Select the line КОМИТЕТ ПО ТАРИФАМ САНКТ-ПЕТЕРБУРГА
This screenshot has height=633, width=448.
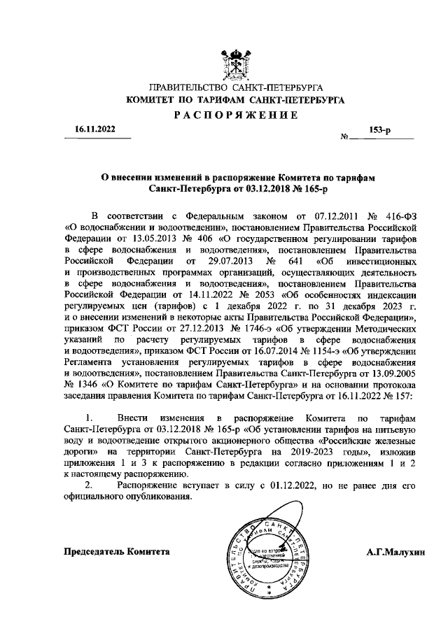pos(234,101)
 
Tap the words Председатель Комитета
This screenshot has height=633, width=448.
pos(118,551)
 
